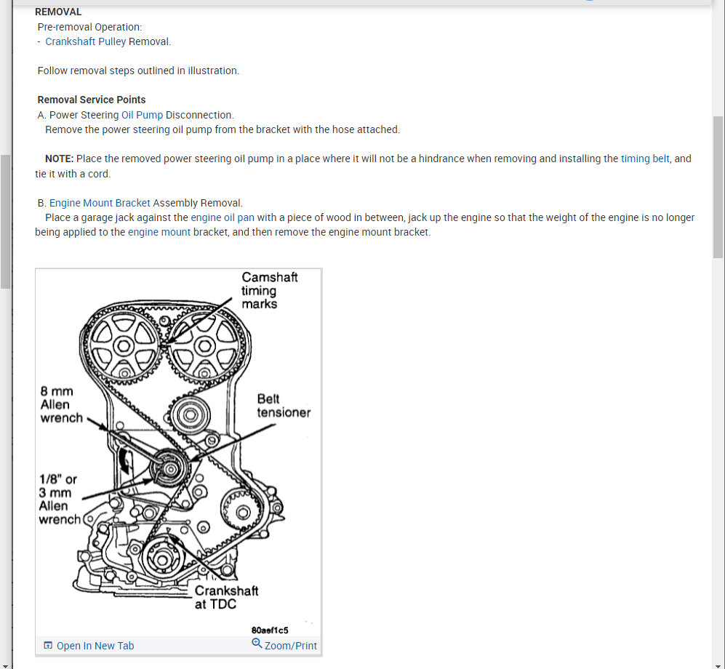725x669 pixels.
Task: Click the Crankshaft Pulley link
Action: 85,41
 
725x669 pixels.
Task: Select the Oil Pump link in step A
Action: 142,115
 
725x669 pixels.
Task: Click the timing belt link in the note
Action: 645,159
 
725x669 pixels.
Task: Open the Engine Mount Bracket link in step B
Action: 100,203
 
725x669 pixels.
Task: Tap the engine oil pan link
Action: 223,217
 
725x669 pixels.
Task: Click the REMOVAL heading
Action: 58,12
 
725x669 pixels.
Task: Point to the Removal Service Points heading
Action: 92,100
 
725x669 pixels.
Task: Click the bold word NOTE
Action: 59,159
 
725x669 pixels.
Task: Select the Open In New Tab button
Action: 89,646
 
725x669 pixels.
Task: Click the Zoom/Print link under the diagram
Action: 284,645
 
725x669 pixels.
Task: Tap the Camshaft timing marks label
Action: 269,290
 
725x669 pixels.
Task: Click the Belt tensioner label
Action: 284,406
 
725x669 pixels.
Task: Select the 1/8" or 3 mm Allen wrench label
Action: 60,500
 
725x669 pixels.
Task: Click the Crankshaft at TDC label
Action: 226,597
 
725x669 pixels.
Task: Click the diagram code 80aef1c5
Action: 270,630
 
